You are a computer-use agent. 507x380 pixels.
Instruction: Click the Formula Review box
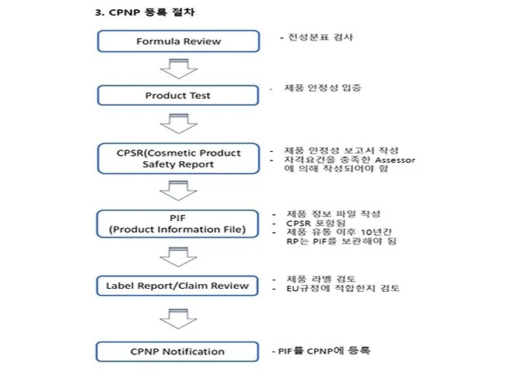tap(178, 41)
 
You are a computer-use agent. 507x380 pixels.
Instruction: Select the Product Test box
tap(178, 96)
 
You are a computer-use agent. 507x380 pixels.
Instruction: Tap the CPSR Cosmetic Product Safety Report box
tap(178, 158)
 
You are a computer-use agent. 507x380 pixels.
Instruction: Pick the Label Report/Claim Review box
tap(178, 285)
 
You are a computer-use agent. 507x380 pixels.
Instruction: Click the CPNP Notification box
tap(178, 351)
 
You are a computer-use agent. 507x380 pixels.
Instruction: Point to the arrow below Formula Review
tap(178, 69)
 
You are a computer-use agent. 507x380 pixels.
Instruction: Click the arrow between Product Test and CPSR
tap(178, 124)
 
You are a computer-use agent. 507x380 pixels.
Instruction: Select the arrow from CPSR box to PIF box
tap(178, 191)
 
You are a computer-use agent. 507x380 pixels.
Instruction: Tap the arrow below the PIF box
tap(178, 255)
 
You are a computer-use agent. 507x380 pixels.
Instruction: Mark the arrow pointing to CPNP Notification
tap(178, 318)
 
